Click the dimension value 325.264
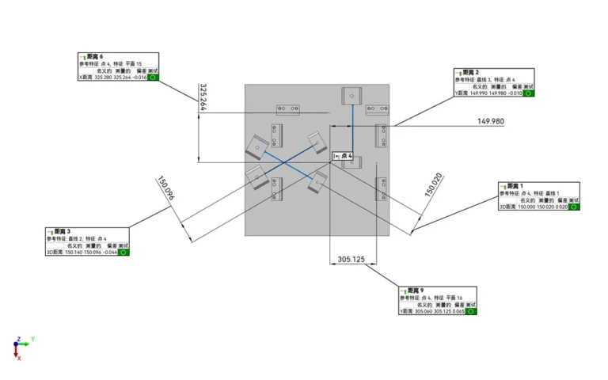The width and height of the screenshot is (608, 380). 203,97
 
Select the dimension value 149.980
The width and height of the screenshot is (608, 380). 491,121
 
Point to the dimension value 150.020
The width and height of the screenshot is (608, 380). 432,185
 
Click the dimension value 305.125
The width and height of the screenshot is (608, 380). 351,259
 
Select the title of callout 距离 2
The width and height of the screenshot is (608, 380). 472,72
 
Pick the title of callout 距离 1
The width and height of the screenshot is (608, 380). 515,185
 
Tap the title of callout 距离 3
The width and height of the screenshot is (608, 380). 63,231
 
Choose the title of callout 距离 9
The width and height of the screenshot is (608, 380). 416,291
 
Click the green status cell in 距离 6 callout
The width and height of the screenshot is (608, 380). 154,78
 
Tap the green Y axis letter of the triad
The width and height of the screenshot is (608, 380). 32,339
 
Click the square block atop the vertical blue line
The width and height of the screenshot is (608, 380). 350,96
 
